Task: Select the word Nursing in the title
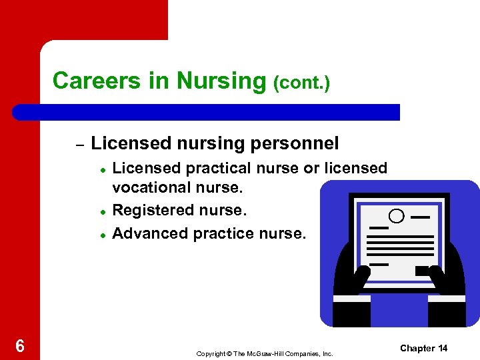pyautogui.click(x=221, y=81)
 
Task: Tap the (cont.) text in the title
pyautogui.click(x=301, y=83)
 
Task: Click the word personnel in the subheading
pyautogui.click(x=301, y=143)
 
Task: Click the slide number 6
pyautogui.click(x=20, y=346)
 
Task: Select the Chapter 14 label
pyautogui.click(x=424, y=348)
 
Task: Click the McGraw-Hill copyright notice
pyautogui.click(x=265, y=353)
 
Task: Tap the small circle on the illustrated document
pyautogui.click(x=396, y=216)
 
